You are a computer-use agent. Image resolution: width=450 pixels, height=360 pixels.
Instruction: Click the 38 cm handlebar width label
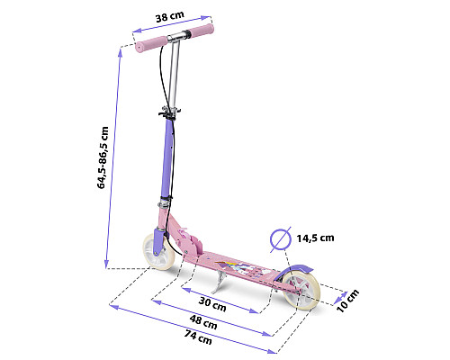(170, 16)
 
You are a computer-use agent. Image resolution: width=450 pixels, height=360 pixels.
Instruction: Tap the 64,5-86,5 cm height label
(103, 157)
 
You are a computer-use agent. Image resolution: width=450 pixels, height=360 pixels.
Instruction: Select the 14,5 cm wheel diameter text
(315, 238)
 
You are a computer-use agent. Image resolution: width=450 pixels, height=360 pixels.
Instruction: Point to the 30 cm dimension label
(212, 303)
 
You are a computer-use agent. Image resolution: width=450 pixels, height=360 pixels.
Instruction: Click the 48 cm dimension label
(203, 321)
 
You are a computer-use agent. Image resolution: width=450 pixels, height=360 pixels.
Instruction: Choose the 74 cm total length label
(198, 337)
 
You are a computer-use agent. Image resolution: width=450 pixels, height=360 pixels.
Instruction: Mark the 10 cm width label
(348, 301)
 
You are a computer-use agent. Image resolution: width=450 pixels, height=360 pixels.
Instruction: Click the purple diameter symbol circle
(281, 239)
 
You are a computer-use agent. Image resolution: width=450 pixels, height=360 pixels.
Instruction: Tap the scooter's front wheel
(158, 252)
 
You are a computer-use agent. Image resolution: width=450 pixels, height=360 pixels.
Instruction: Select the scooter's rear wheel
(301, 291)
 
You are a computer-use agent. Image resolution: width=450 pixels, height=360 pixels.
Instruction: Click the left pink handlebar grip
(151, 44)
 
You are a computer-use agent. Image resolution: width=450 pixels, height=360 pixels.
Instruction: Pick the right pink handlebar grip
(201, 31)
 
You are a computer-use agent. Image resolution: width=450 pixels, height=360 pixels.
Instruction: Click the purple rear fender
(296, 269)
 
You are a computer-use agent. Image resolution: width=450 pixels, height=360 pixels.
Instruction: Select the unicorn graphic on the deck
(240, 267)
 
